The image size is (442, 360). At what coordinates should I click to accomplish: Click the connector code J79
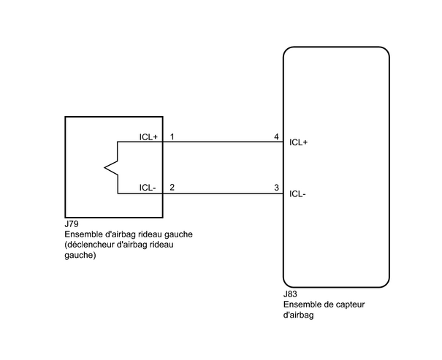coord(72,224)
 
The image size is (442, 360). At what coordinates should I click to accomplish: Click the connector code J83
coord(290,294)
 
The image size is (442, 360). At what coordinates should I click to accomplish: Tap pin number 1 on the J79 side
coord(172,137)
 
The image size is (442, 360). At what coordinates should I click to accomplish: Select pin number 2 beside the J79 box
coord(172,188)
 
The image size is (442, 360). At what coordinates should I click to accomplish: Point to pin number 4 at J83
coord(277,137)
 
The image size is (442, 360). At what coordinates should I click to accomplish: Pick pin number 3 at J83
coord(277,188)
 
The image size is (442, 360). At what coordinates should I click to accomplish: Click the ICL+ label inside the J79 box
coord(148,137)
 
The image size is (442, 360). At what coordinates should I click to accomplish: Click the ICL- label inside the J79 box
coord(148,188)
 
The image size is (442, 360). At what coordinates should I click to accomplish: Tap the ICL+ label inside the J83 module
coord(299,142)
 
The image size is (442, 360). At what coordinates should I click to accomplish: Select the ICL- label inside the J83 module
coord(297,194)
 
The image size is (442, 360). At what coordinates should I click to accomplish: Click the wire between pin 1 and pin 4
coord(223,142)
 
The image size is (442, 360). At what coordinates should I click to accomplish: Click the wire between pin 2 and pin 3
coord(223,194)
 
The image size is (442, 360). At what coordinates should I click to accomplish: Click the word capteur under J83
coord(351,305)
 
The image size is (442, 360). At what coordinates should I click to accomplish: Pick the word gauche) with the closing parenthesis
coord(80,255)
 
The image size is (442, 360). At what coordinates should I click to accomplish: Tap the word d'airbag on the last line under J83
coord(299,315)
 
